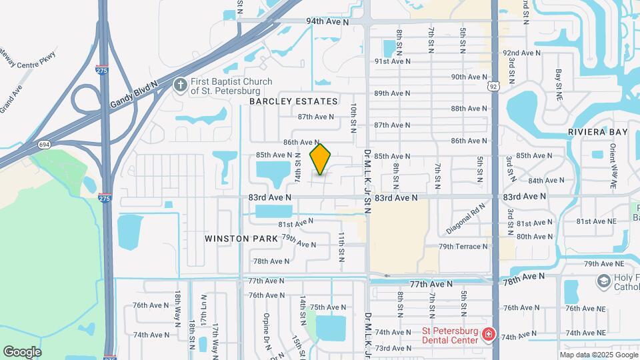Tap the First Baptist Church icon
(180, 85)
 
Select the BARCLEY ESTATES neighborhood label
(293, 101)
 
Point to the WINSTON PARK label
(235, 238)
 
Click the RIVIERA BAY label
(598, 132)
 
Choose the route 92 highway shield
(493, 86)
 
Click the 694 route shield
(45, 144)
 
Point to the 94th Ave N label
(328, 22)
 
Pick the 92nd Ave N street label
(522, 53)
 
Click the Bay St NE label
(559, 80)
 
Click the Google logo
(23, 352)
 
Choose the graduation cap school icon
(603, 281)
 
